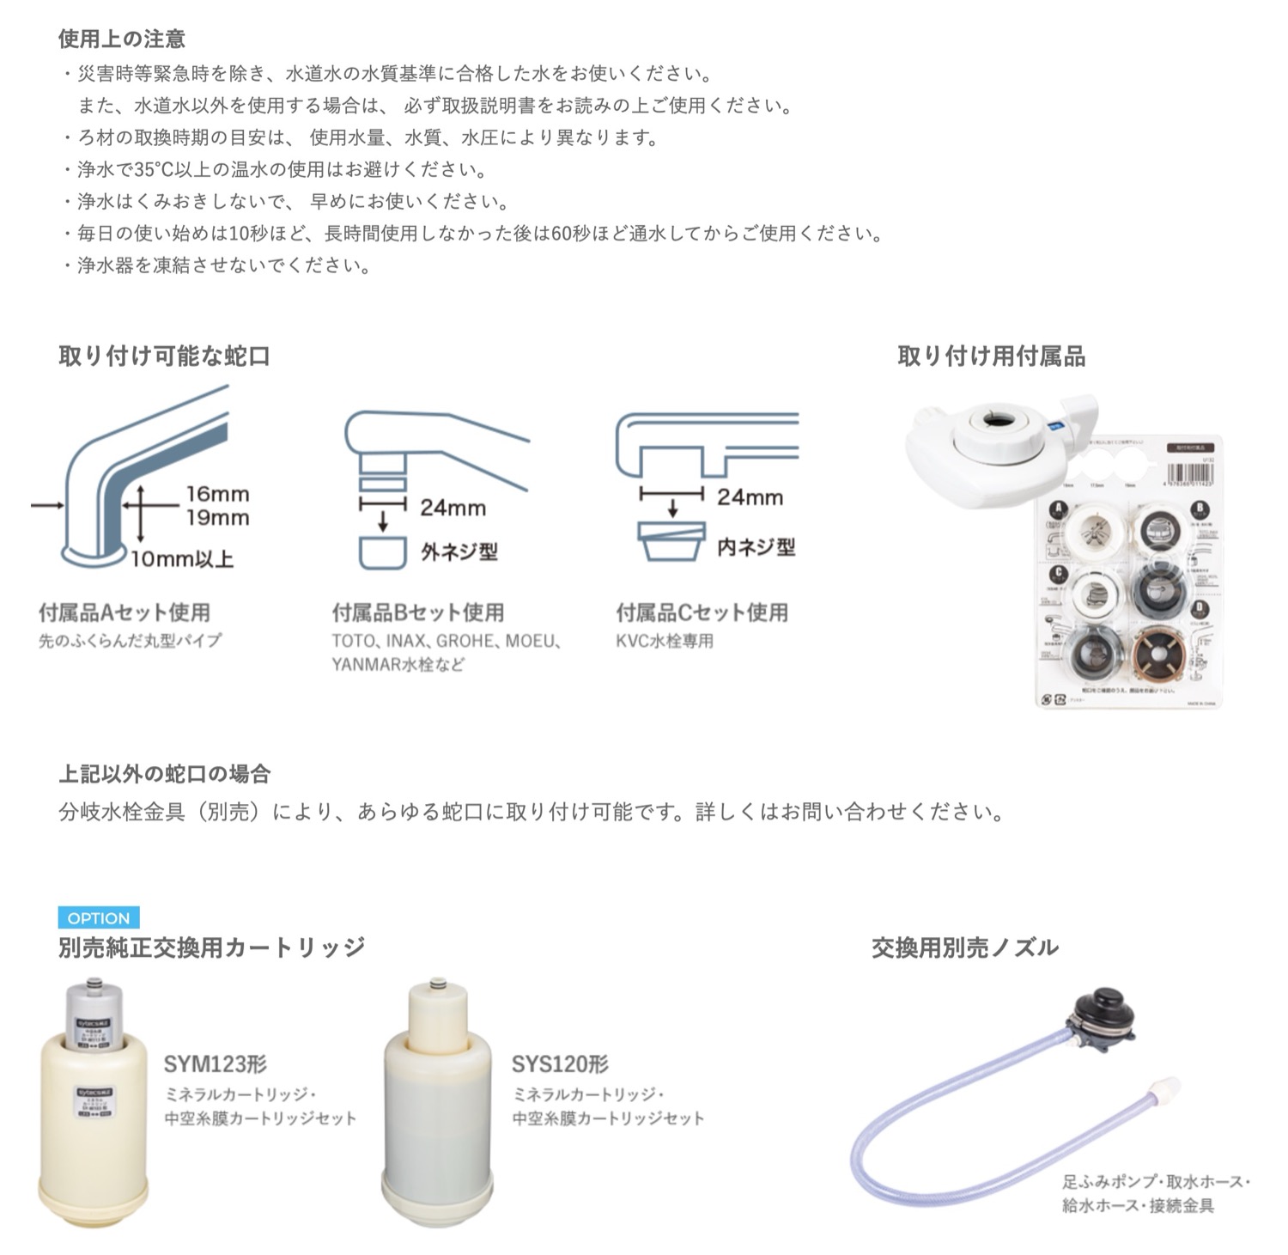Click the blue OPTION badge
coord(99,918)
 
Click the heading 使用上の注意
coord(122,39)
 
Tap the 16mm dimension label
coord(217,494)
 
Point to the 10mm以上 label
coord(182,559)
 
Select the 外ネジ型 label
coord(459,551)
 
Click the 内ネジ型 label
coord(756,547)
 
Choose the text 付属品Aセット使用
coord(125,612)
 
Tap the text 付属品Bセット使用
coord(418,612)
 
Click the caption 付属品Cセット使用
coord(702,612)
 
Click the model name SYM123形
coord(216,1064)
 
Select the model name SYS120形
coord(560,1064)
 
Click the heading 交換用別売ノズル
coord(964,947)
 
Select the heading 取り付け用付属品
coord(991,356)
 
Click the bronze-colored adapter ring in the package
coord(1159,655)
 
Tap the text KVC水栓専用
coord(665,641)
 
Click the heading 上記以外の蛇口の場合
coord(164,774)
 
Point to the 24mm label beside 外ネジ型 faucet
coord(453,508)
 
